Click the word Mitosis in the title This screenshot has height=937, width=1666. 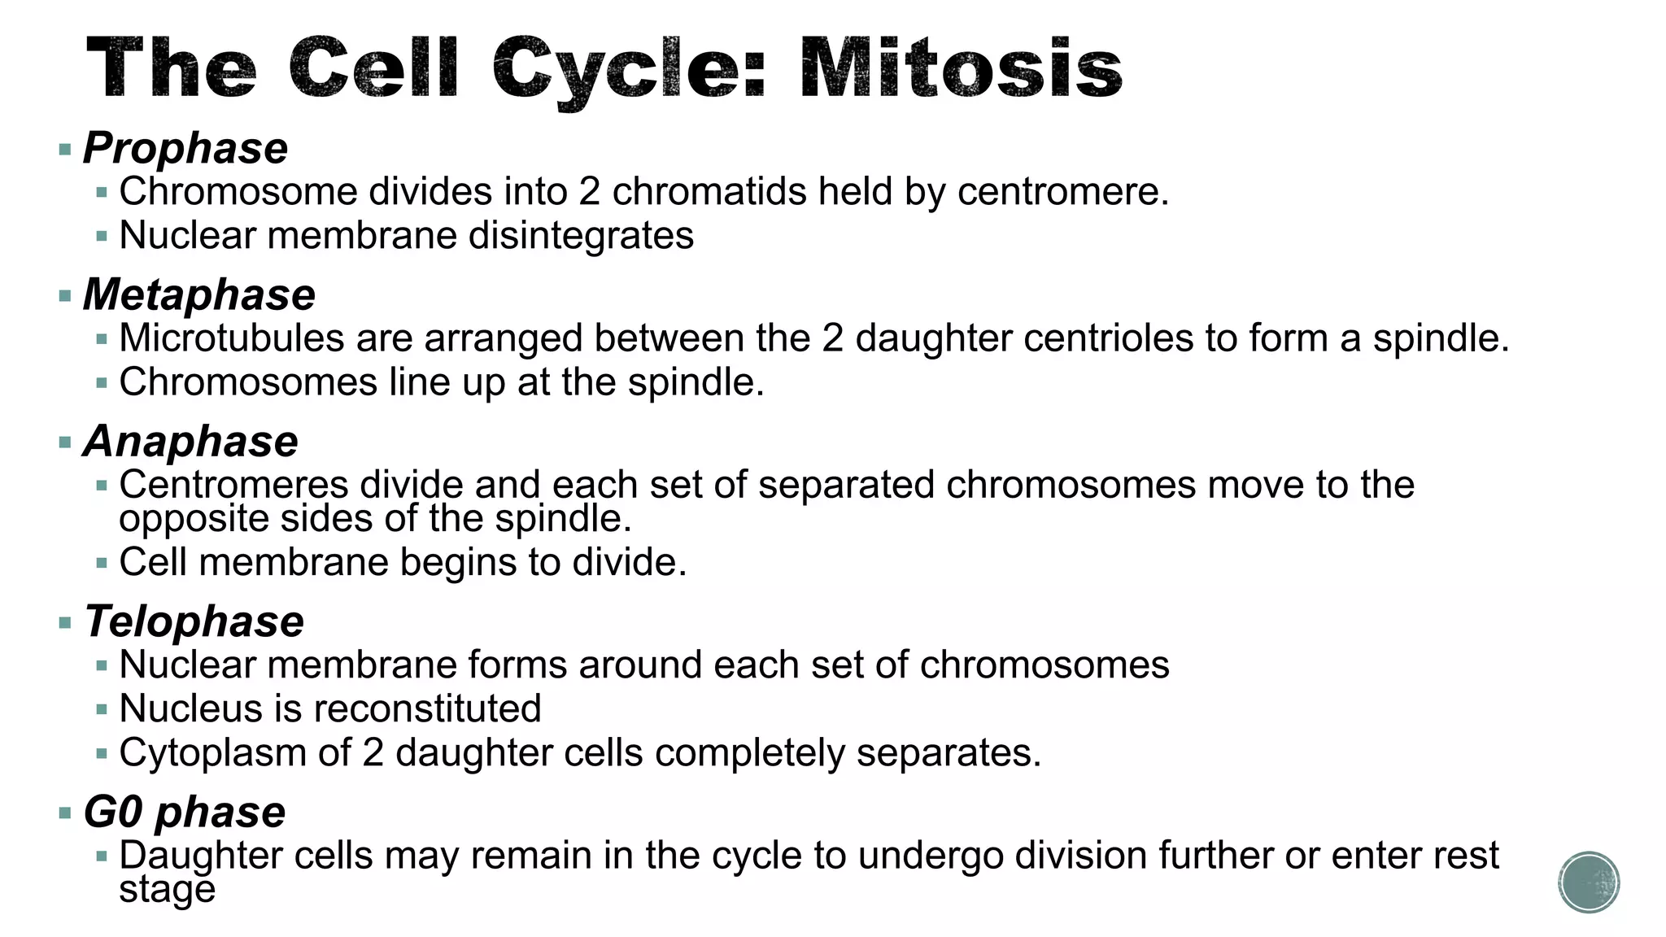pos(960,68)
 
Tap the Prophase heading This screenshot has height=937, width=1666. pos(185,148)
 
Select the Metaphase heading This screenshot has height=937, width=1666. pos(199,294)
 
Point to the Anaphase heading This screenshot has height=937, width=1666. pos(191,442)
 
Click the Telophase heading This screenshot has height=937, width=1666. pos(194,621)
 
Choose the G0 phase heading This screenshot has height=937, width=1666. pos(185,812)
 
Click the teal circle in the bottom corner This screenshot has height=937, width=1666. pos(1589,883)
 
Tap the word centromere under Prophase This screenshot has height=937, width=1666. pos(1062,192)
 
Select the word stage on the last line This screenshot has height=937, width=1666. pos(167,890)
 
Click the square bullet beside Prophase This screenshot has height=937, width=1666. pos(65,149)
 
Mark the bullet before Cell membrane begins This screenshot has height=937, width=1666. pos(102,563)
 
